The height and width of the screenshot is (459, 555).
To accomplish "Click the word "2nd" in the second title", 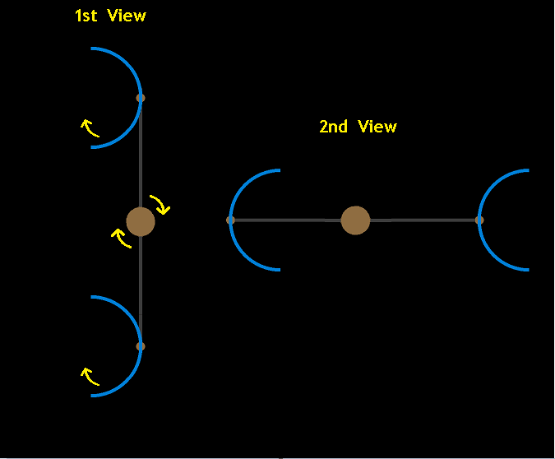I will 333,127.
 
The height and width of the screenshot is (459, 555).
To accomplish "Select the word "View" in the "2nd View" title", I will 377,127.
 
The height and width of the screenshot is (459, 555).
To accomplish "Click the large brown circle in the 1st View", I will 141,221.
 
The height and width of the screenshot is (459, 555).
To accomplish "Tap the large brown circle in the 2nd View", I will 355,220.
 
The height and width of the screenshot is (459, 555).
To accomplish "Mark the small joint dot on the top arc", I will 141,98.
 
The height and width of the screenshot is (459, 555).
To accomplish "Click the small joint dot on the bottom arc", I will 141,346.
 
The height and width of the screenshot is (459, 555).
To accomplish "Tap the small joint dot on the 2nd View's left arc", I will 230,220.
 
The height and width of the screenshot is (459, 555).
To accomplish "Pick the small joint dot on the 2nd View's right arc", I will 479,220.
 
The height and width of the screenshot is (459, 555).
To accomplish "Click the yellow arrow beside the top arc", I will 89,128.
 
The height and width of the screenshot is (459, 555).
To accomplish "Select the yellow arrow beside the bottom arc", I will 89,377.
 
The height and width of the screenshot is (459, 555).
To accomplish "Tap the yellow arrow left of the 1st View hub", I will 121,239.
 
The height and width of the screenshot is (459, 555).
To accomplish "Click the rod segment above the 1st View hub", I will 141,156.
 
